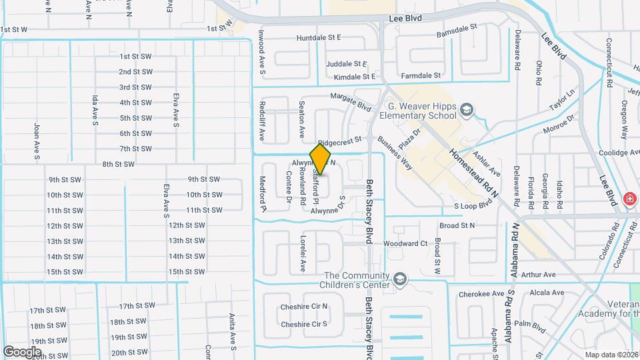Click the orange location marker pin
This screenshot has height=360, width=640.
[321, 159]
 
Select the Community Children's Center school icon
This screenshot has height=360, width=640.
[399, 278]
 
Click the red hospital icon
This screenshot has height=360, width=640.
[629, 199]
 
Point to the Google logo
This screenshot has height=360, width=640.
[22, 351]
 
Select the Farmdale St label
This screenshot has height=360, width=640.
[420, 76]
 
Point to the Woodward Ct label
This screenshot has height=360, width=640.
[405, 244]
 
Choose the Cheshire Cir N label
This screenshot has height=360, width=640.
[304, 307]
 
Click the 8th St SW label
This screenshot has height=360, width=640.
[119, 164]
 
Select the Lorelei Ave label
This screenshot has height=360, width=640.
[302, 256]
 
